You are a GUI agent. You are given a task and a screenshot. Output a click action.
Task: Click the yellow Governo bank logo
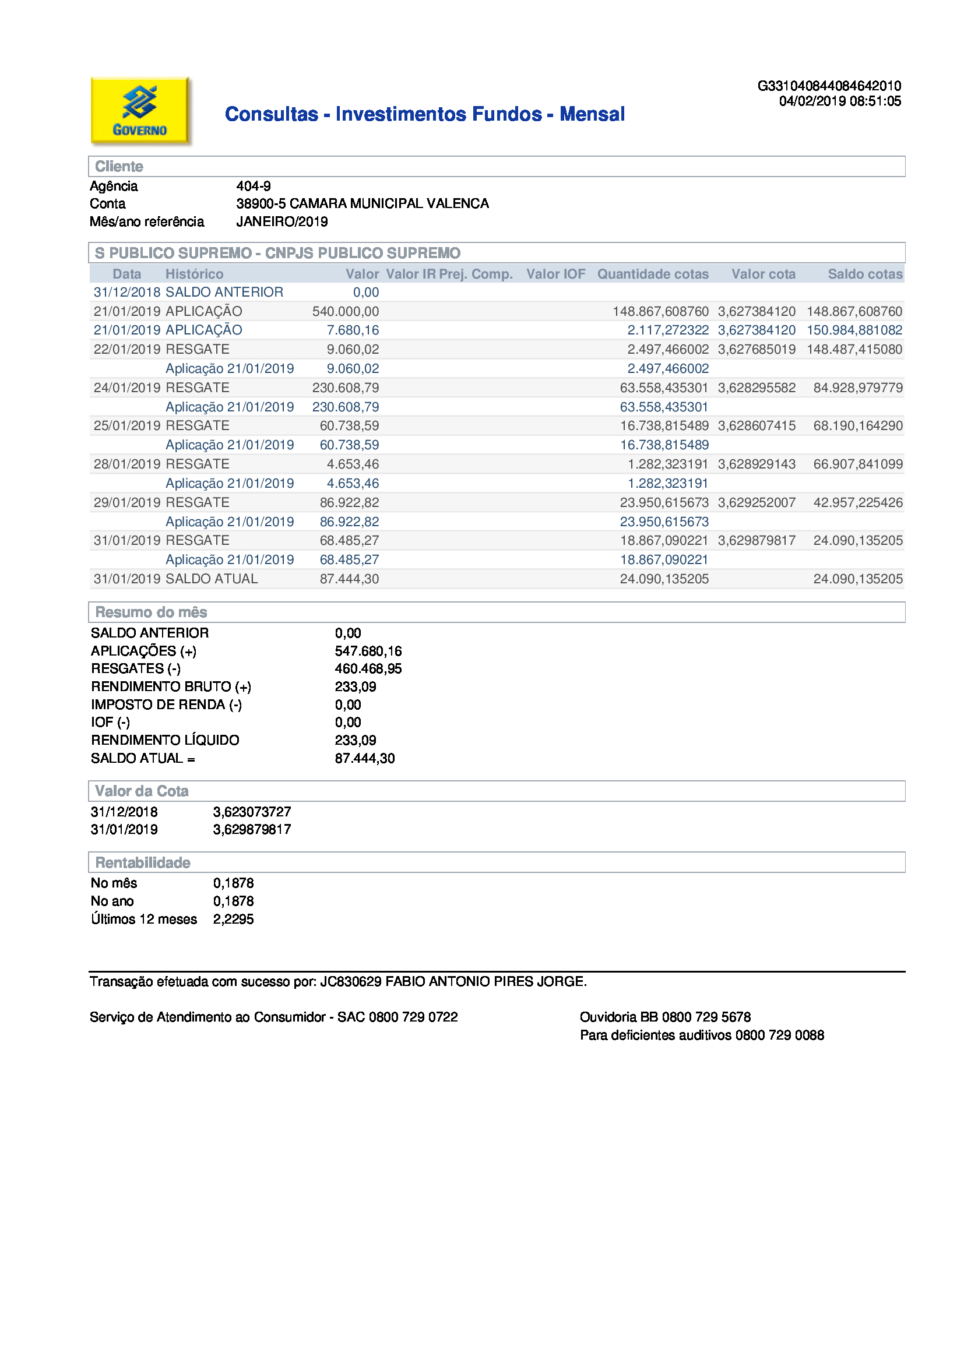140,110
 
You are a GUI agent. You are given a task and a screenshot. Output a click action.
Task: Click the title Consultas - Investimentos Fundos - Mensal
424,114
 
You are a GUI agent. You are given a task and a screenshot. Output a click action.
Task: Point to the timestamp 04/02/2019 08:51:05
839,101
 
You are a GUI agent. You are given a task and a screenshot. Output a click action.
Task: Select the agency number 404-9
254,186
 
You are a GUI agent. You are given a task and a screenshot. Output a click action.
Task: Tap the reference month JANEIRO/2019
282,222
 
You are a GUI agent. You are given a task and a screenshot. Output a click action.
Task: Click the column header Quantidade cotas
652,274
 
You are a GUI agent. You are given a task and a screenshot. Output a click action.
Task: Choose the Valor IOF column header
555,274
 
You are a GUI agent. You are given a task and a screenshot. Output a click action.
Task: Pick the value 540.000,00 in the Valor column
346,312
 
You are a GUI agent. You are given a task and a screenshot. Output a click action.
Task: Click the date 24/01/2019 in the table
127,388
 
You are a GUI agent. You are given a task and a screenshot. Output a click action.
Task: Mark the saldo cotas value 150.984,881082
854,330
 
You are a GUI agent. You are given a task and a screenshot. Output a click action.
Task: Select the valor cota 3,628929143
757,464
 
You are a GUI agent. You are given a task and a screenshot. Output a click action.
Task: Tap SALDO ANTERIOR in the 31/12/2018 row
224,293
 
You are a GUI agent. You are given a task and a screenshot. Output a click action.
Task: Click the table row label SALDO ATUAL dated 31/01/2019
212,579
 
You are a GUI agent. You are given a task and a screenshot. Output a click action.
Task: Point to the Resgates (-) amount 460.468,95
368,669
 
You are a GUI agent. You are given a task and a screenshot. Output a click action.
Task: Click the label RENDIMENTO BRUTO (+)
171,687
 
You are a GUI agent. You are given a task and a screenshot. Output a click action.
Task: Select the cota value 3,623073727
252,812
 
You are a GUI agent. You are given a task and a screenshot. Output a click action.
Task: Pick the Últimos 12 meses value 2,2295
233,920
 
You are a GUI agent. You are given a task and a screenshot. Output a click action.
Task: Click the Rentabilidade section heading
143,862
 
